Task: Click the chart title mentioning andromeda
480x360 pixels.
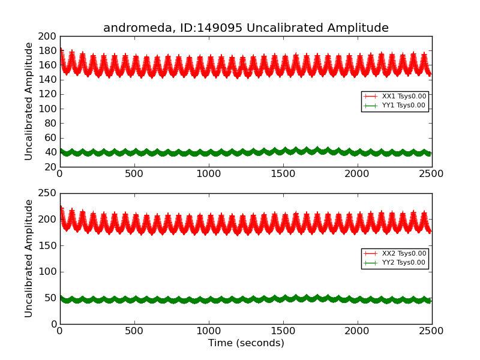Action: click(x=245, y=28)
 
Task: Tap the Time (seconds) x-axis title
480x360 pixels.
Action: click(x=246, y=343)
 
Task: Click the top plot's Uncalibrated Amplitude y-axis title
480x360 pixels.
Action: click(x=29, y=101)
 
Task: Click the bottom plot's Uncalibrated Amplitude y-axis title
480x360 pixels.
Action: click(x=29, y=259)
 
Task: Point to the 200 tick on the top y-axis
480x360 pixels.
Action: click(x=47, y=36)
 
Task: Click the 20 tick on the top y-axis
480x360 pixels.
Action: click(x=49, y=167)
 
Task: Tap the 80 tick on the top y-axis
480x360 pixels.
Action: click(x=49, y=123)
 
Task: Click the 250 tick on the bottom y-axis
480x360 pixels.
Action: click(x=47, y=193)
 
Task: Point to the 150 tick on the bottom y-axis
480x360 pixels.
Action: click(x=47, y=245)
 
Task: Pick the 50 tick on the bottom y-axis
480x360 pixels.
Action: click(x=49, y=298)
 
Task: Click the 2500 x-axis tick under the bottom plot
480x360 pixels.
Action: click(x=432, y=331)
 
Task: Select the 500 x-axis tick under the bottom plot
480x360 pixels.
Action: click(x=134, y=331)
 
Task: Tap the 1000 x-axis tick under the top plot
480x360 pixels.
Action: click(x=208, y=174)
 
